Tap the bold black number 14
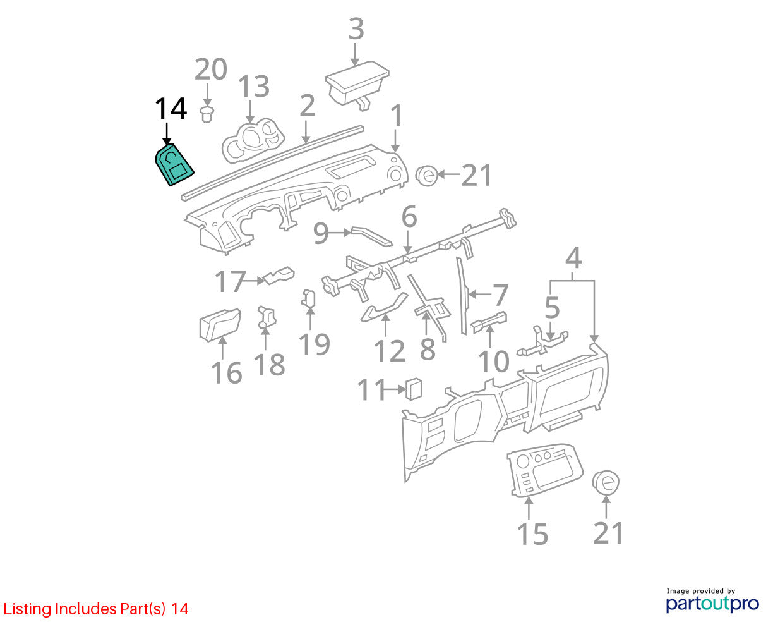[171, 109]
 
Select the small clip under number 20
[207, 114]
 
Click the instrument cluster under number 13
[253, 141]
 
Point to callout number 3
[356, 29]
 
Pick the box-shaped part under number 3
[357, 85]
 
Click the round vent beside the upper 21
[427, 176]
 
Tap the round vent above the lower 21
[606, 482]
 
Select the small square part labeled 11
[414, 389]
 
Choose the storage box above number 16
[220, 325]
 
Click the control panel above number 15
[544, 470]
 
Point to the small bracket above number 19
[308, 298]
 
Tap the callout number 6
[409, 217]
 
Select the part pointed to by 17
[279, 276]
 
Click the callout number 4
[573, 258]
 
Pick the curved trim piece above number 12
[384, 308]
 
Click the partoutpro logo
[712, 604]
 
